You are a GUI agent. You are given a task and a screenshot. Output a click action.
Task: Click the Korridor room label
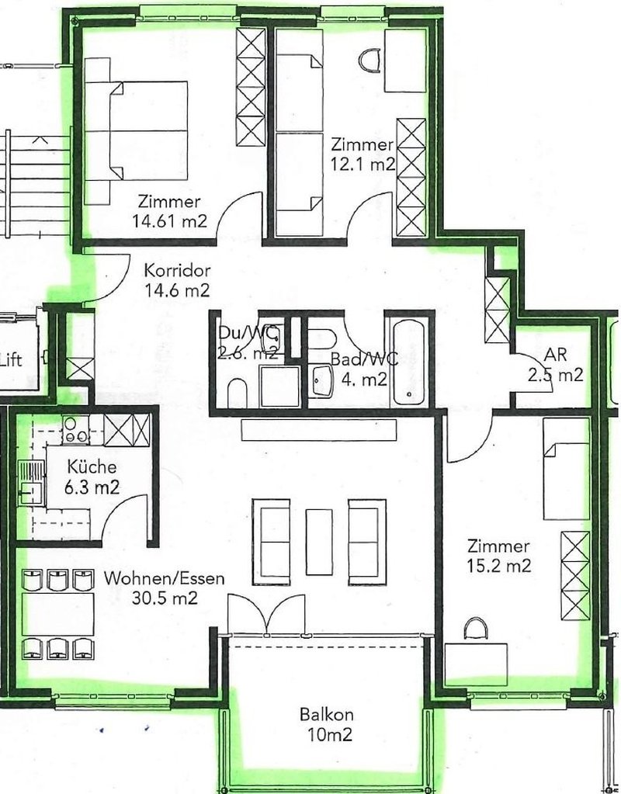point(178,272)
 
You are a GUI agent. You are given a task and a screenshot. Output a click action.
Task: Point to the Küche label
point(92,467)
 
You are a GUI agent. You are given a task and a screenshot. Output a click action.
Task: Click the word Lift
point(11,359)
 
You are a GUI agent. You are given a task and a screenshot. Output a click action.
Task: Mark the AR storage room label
point(556,355)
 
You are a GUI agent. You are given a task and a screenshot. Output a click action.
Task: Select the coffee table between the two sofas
point(319,541)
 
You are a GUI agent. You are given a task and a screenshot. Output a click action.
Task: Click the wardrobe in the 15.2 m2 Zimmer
point(575,574)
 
